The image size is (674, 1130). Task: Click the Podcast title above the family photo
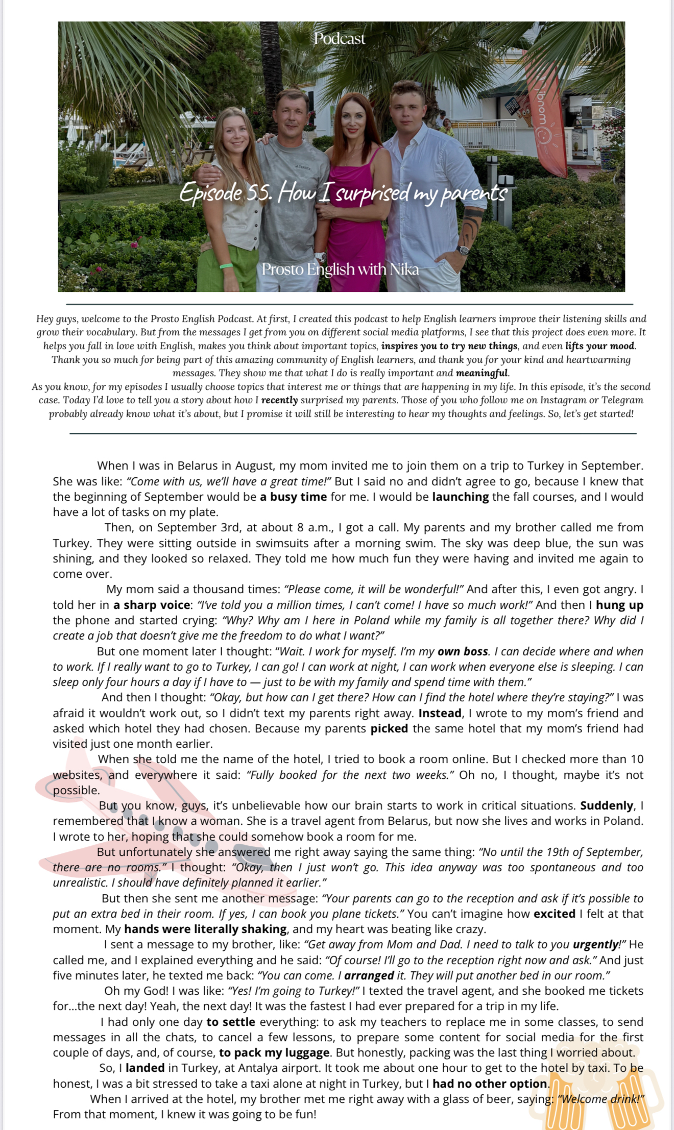point(340,39)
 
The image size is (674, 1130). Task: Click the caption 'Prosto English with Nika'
point(340,269)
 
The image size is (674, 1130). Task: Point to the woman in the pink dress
point(354,194)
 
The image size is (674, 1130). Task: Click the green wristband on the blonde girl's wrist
point(226,265)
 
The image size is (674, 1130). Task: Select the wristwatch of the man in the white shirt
point(463,250)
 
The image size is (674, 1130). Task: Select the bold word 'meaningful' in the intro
point(482,373)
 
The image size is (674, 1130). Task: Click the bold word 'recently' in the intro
point(279,400)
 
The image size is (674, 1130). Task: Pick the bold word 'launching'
point(460,497)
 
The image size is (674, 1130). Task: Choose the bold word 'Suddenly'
point(607,805)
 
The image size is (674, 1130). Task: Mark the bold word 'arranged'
point(369,975)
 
